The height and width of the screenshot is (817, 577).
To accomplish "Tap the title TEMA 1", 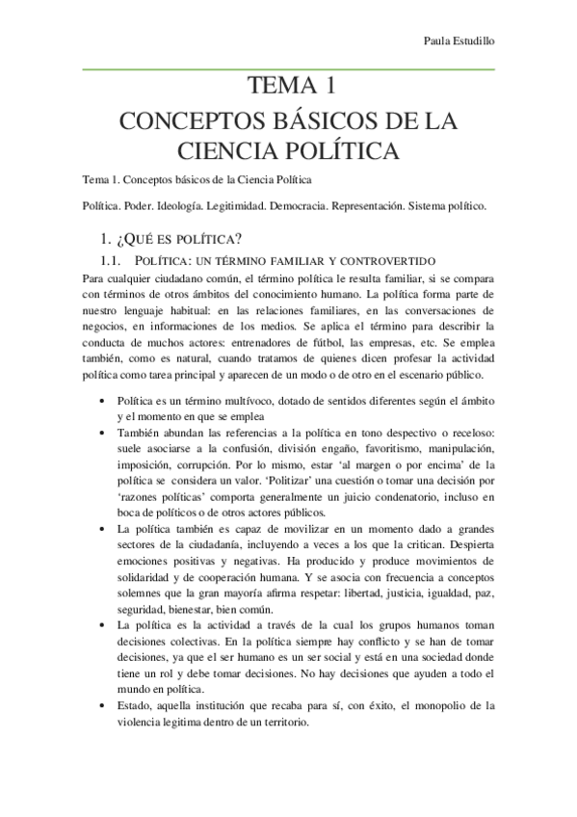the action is point(289,88).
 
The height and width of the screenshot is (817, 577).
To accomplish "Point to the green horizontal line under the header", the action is point(289,69).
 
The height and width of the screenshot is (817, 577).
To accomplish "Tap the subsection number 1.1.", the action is point(114,260).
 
